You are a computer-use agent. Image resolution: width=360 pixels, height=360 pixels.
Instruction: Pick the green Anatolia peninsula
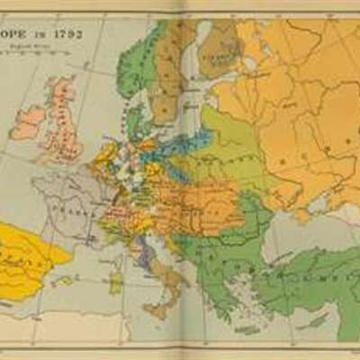click(297, 279)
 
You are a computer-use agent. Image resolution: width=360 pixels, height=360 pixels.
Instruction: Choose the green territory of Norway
click(135, 63)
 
